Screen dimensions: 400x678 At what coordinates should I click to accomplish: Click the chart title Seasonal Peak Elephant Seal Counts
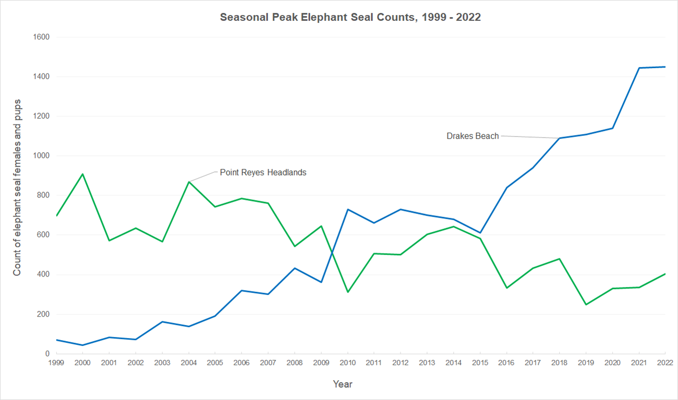pyautogui.click(x=350, y=17)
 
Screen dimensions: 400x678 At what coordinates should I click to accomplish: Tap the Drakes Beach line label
pyautogui.click(x=473, y=136)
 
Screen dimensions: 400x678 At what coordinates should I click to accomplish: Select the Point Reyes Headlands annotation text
pyautogui.click(x=263, y=172)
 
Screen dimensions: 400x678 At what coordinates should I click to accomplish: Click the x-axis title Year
pyautogui.click(x=343, y=384)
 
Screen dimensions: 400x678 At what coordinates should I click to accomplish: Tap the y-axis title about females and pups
pyautogui.click(x=17, y=187)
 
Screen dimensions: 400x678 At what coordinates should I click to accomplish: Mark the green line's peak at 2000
pyautogui.click(x=82, y=174)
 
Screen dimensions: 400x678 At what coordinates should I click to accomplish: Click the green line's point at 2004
pyautogui.click(x=189, y=182)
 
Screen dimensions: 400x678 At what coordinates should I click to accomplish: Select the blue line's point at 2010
pyautogui.click(x=347, y=209)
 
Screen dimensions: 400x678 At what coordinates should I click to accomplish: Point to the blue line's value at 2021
pyautogui.click(x=639, y=68)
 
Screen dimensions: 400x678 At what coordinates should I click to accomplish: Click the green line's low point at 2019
pyautogui.click(x=586, y=305)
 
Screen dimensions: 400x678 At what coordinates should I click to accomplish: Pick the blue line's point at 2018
pyautogui.click(x=559, y=138)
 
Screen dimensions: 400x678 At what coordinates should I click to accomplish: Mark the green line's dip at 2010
pyautogui.click(x=347, y=292)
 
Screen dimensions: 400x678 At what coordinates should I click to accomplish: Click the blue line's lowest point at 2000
pyautogui.click(x=82, y=345)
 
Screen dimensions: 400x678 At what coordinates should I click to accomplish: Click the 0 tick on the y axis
pyautogui.click(x=46, y=354)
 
